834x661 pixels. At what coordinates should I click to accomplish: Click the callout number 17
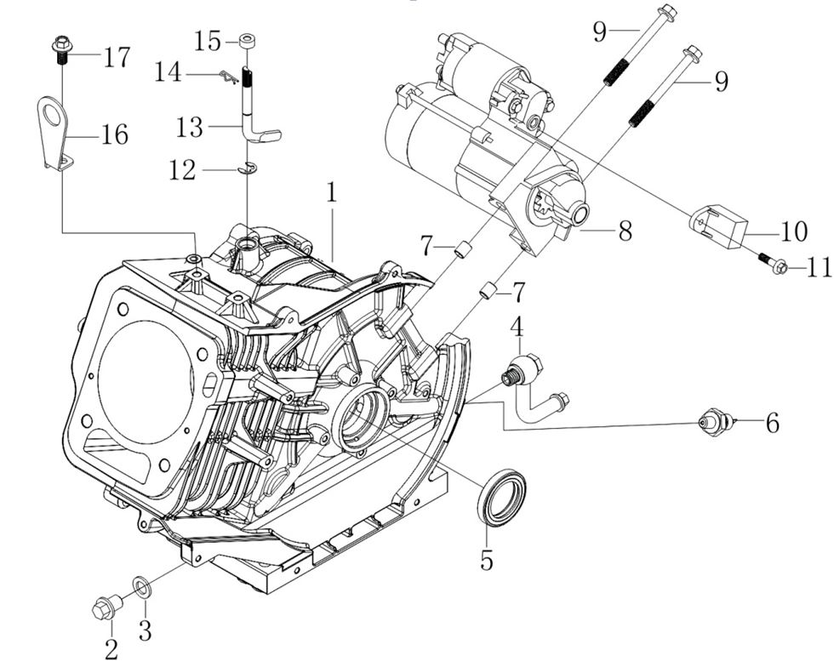coord(117,57)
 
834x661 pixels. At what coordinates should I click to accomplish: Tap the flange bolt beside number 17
coord(61,48)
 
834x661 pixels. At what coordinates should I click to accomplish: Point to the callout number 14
coord(169,73)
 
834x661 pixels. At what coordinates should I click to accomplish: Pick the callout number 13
coord(190,128)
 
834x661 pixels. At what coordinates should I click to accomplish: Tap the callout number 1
coord(331,191)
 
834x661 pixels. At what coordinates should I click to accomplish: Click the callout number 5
coord(487,561)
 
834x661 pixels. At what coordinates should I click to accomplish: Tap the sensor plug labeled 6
coord(712,420)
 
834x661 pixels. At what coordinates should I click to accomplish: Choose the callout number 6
coord(772,423)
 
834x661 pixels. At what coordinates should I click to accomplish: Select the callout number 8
coord(625,230)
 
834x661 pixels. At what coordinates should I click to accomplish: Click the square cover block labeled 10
coord(717,224)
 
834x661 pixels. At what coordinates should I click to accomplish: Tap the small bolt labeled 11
coord(772,265)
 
